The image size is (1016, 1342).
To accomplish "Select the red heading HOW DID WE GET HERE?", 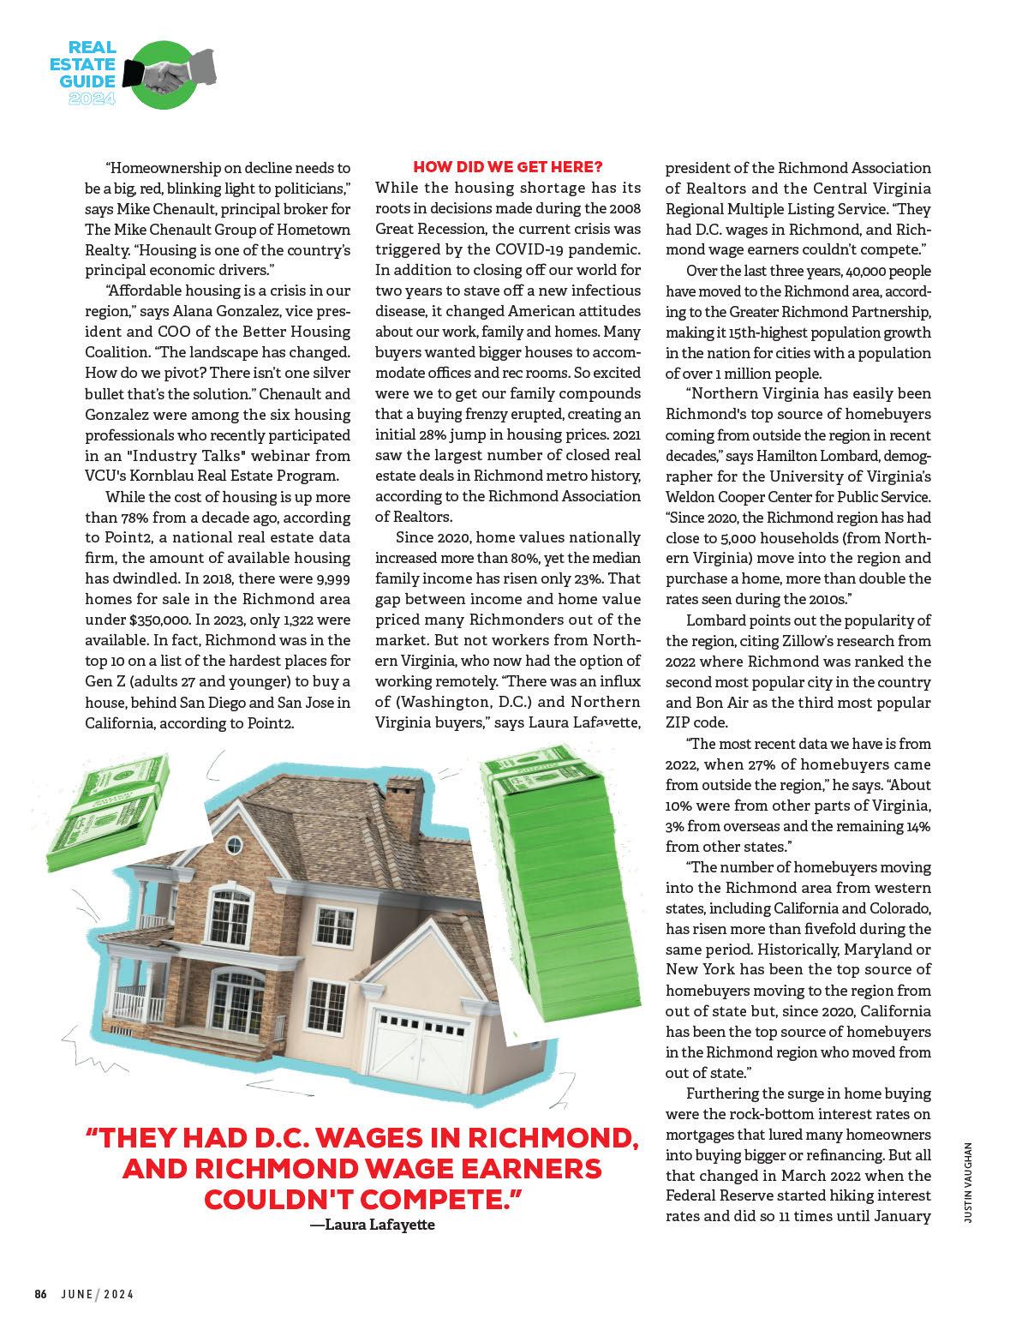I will [508, 166].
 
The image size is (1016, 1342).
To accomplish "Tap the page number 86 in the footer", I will [40, 1294].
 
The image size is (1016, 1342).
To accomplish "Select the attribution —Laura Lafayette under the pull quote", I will [372, 1225].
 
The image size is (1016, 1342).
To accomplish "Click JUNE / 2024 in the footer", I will [97, 1294].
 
